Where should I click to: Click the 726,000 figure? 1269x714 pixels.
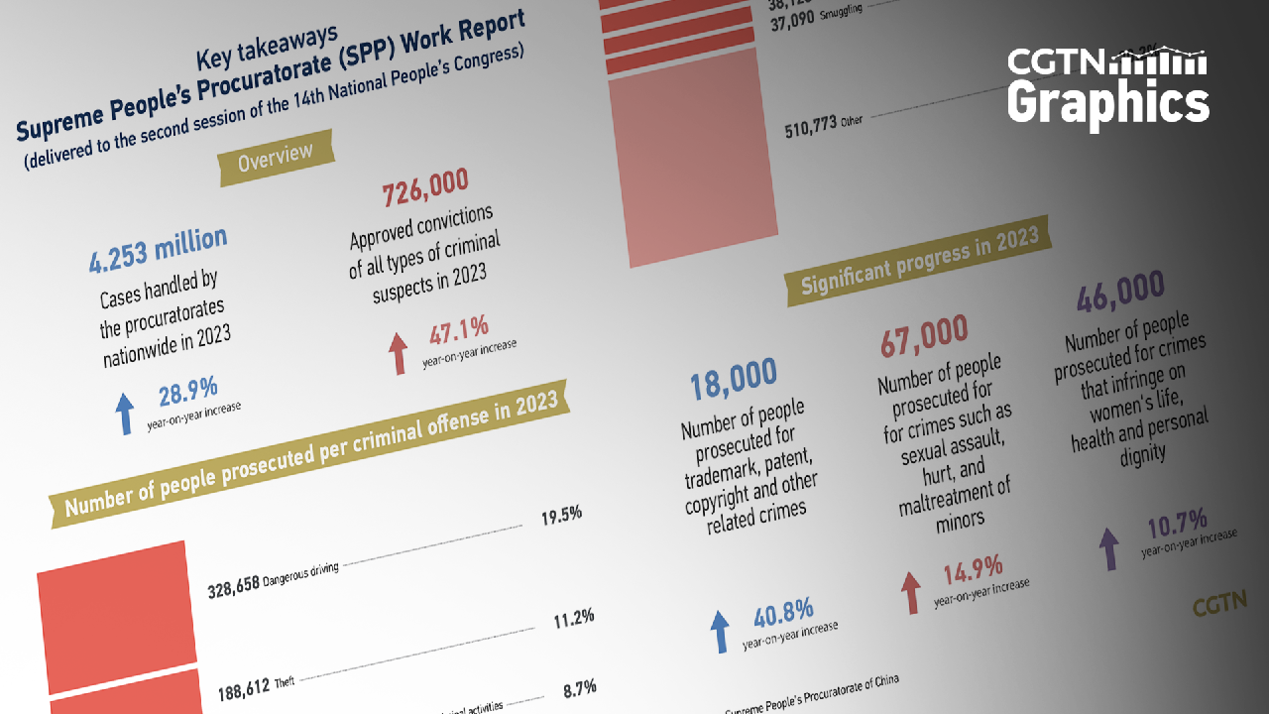pyautogui.click(x=424, y=188)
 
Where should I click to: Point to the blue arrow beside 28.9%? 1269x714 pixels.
pyautogui.click(x=124, y=413)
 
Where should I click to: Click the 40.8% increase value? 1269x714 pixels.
pyautogui.click(x=784, y=614)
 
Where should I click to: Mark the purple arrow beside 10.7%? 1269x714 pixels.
pyautogui.click(x=1109, y=548)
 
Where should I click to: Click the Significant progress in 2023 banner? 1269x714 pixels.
pyautogui.click(x=919, y=262)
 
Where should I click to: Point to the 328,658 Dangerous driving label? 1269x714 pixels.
pyautogui.click(x=274, y=580)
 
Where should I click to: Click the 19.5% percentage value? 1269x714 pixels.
pyautogui.click(x=561, y=516)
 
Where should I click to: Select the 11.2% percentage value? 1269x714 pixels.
pyautogui.click(x=573, y=618)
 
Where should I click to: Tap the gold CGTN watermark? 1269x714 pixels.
pyautogui.click(x=1217, y=604)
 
